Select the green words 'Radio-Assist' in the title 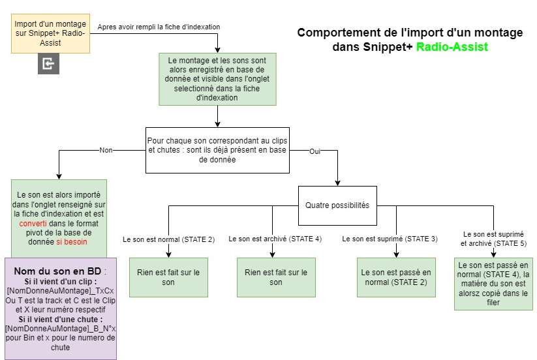pos(452,47)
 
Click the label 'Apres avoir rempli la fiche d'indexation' pos(159,27)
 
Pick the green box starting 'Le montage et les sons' pos(217,78)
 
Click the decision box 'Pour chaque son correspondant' pos(217,150)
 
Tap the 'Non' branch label pos(106,150)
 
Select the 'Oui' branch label pos(315,151)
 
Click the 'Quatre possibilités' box pos(337,205)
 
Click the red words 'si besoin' pos(71,241)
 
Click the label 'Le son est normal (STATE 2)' pos(168,239)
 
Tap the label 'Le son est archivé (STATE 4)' pos(275,239)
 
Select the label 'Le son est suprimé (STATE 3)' pos(390,239)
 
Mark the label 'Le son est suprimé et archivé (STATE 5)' pos(493,238)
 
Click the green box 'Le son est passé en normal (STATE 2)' pos(396,277)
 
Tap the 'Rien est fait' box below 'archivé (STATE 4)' pos(276,277)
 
